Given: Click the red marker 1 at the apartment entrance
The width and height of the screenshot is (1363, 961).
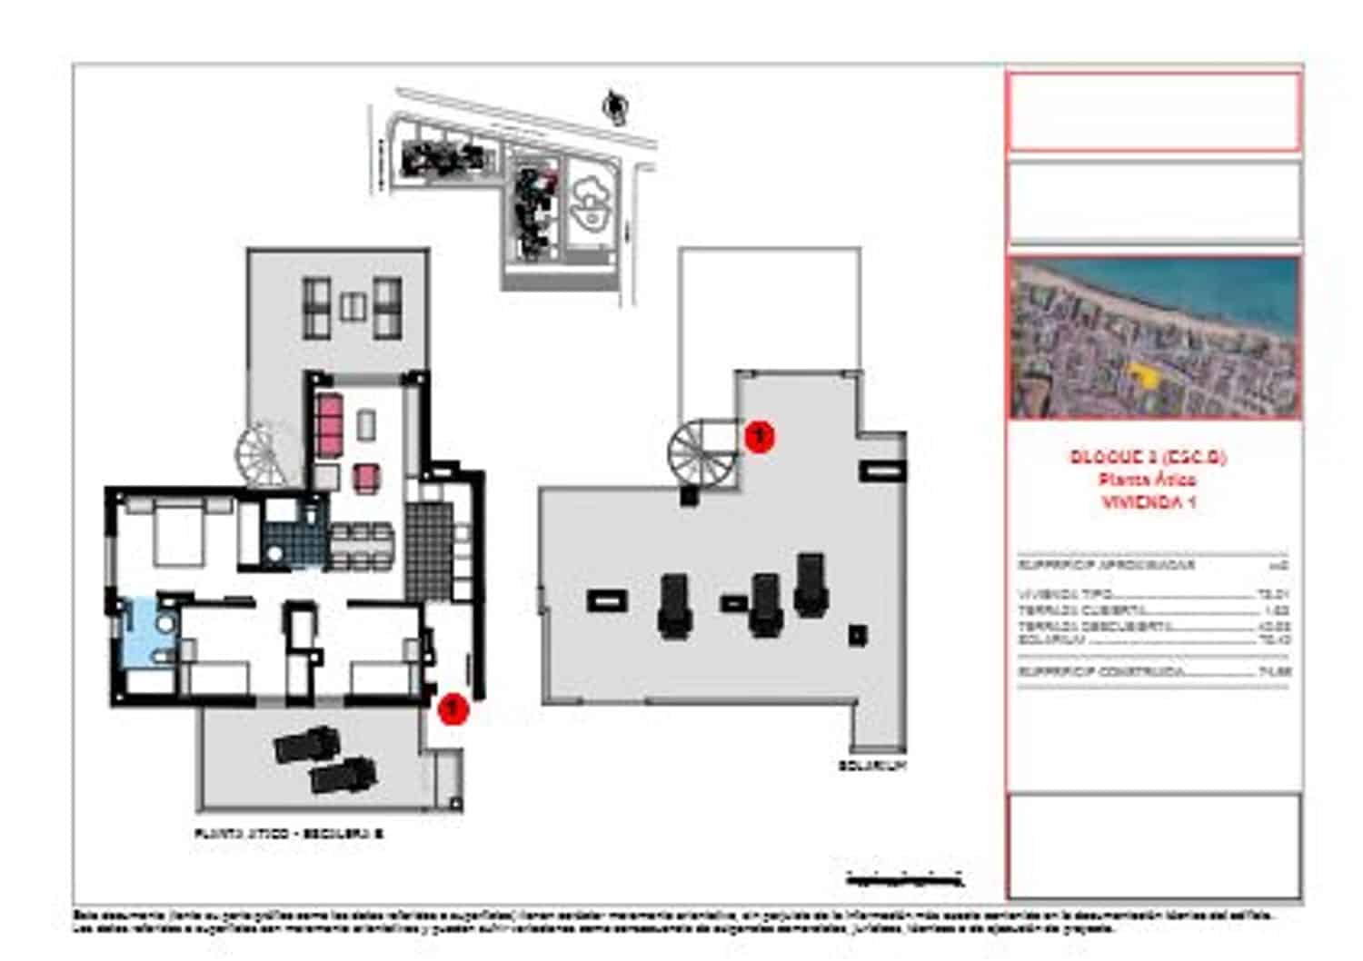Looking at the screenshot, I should coord(453,708).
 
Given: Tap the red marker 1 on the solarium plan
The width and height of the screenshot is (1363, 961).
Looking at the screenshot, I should coord(759,436).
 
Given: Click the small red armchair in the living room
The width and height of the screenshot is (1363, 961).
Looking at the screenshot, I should coord(366,477).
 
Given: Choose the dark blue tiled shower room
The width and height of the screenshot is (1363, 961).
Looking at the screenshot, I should coord(293,542).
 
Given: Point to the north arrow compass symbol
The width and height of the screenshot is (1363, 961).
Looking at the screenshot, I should coord(615,106).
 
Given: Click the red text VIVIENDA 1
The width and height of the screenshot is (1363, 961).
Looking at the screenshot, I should coord(1148,501).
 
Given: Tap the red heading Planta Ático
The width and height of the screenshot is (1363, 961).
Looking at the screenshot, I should coord(1148,479).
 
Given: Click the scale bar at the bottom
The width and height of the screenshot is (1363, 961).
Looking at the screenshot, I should coord(904,878).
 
